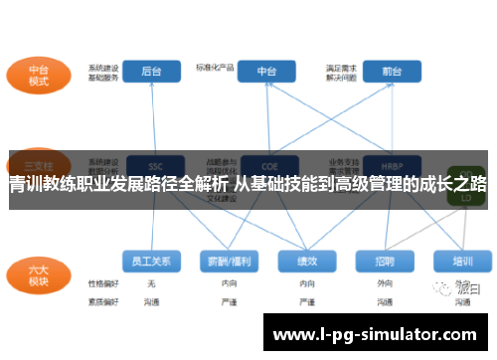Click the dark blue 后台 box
[x=152, y=71]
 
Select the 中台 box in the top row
[x=266, y=71]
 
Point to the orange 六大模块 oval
[x=39, y=272]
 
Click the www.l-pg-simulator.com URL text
[x=374, y=335]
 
